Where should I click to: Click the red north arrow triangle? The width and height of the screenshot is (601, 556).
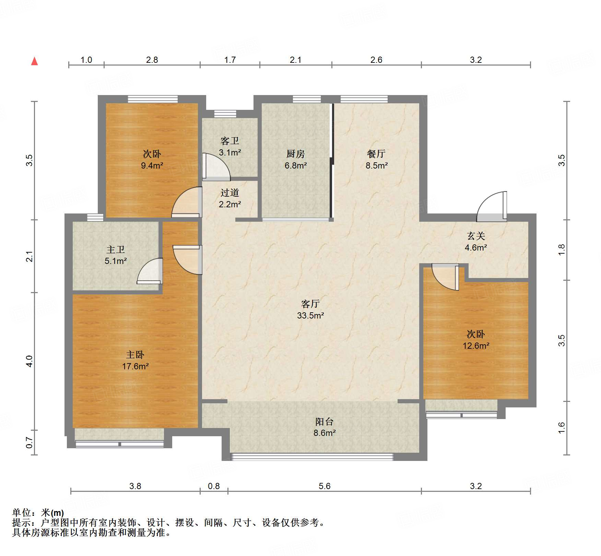pyautogui.click(x=34, y=61)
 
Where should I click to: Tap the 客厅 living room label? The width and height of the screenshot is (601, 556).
pyautogui.click(x=310, y=304)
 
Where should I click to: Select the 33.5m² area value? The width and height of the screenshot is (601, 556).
pyautogui.click(x=310, y=315)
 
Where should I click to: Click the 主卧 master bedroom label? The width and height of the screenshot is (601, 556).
pyautogui.click(x=135, y=355)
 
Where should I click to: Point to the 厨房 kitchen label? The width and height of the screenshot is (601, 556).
pyautogui.click(x=296, y=154)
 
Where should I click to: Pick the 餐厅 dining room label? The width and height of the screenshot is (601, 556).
pyautogui.click(x=376, y=154)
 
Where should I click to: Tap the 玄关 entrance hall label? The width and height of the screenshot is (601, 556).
pyautogui.click(x=476, y=236)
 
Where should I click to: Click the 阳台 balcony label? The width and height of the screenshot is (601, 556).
pyautogui.click(x=324, y=421)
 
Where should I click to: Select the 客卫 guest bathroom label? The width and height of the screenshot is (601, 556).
pyautogui.click(x=230, y=141)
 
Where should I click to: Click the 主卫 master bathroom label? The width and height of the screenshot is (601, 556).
pyautogui.click(x=116, y=249)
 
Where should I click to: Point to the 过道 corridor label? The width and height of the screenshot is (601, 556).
pyautogui.click(x=230, y=193)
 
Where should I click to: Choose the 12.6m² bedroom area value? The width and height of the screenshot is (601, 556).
pyautogui.click(x=476, y=346)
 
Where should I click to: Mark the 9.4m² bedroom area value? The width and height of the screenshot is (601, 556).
pyautogui.click(x=152, y=165)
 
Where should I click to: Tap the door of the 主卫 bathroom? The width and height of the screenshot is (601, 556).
pyautogui.click(x=150, y=271)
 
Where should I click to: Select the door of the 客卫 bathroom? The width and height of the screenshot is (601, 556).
pyautogui.click(x=216, y=167)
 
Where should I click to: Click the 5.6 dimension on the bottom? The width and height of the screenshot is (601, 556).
pyautogui.click(x=325, y=486)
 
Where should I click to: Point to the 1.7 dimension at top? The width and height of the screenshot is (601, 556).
pyautogui.click(x=230, y=60)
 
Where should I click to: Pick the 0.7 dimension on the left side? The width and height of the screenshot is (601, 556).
pyautogui.click(x=30, y=442)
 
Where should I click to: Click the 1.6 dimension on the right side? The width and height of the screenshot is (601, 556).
pyautogui.click(x=561, y=428)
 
